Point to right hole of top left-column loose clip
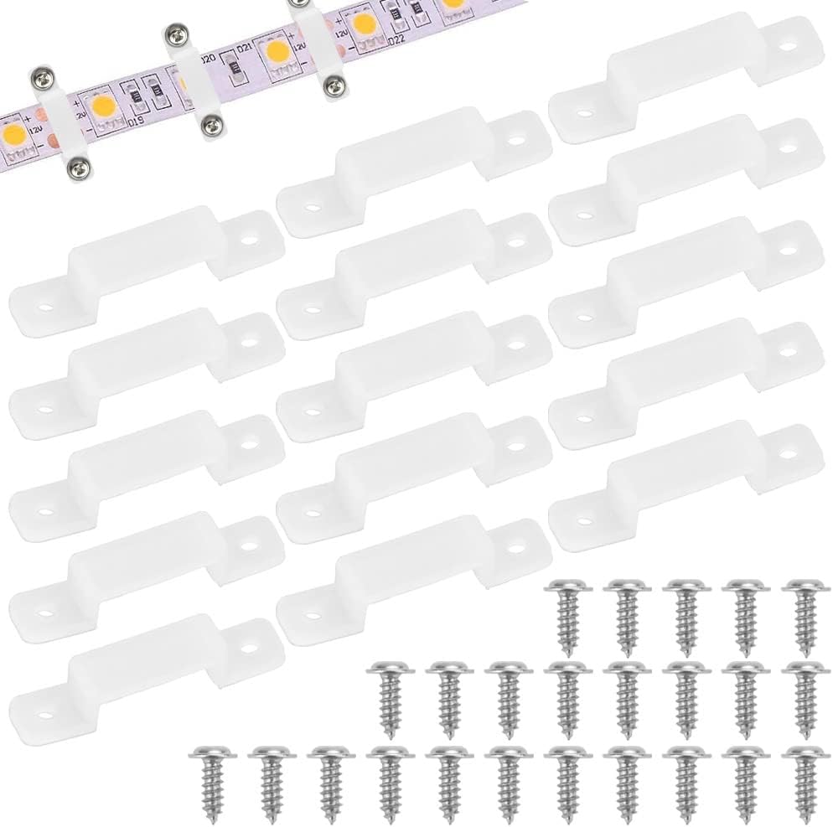[248, 237]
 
